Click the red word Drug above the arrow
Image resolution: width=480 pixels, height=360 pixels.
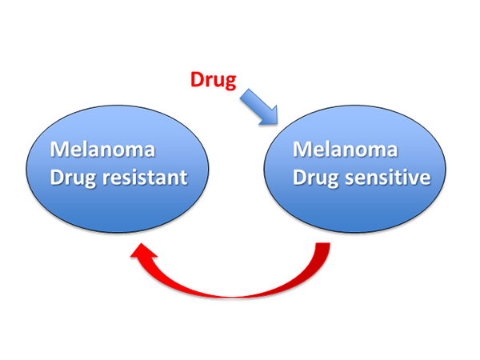(214, 80)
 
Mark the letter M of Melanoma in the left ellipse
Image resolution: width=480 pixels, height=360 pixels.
(58, 150)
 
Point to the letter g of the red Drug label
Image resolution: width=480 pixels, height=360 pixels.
(230, 82)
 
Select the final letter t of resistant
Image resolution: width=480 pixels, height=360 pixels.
(184, 176)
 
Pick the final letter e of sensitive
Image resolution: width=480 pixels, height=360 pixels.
(424, 178)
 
